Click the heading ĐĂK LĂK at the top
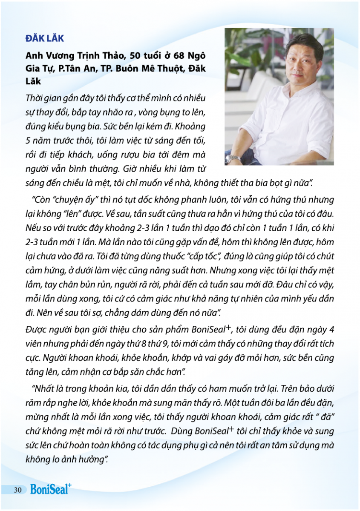coord(44,38)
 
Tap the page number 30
coord(17,490)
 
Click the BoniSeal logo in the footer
coord(51,489)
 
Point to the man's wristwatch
coord(233,159)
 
